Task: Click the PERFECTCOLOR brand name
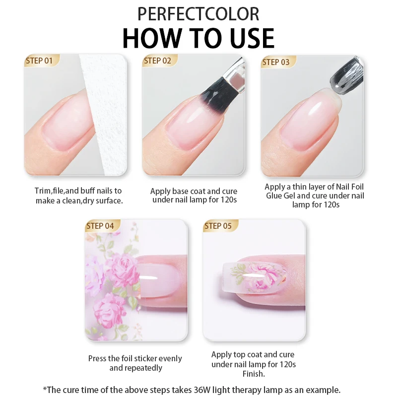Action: pyautogui.click(x=198, y=13)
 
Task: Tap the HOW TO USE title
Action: pyautogui.click(x=198, y=38)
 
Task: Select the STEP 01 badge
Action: pyautogui.click(x=40, y=61)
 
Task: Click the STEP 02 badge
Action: pyautogui.click(x=158, y=61)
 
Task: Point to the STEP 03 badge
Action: pyautogui.click(x=276, y=62)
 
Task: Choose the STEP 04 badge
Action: pyautogui.click(x=100, y=226)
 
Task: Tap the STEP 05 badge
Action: pyautogui.click(x=218, y=226)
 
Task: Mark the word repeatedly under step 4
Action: pyautogui.click(x=143, y=368)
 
